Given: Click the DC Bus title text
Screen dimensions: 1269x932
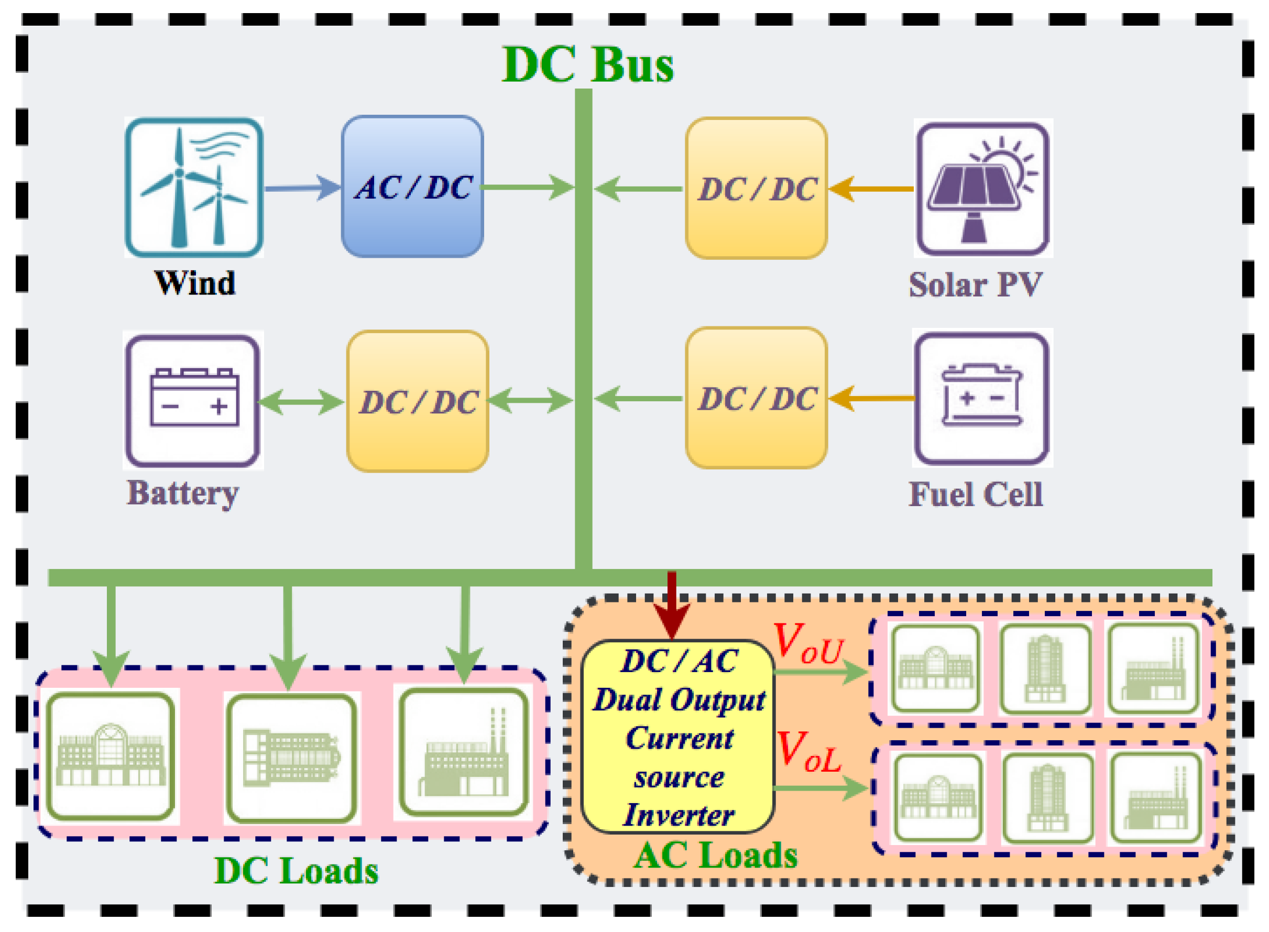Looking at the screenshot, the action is click(x=587, y=64).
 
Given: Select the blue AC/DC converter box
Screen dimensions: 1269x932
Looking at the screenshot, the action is click(x=412, y=187).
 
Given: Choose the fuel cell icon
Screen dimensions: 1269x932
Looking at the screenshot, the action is click(x=982, y=398).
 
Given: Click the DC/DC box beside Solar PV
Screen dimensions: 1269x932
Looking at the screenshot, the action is click(x=756, y=189).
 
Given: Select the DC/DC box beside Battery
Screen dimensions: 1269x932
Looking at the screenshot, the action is click(x=418, y=401).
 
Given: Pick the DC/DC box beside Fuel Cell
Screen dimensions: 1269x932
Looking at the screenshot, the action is click(x=756, y=398).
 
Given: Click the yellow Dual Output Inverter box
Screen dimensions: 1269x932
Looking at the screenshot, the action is click(x=677, y=737).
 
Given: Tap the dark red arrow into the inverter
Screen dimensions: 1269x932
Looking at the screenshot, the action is click(x=672, y=607).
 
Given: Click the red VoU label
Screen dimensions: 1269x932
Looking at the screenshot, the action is click(x=808, y=644).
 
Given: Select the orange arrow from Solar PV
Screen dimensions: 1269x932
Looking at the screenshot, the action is click(x=871, y=189).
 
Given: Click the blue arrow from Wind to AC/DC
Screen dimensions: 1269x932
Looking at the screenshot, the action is click(x=302, y=188).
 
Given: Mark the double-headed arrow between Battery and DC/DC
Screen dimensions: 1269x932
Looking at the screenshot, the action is click(x=301, y=402).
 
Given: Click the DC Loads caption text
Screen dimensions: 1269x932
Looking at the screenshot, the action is click(x=296, y=871).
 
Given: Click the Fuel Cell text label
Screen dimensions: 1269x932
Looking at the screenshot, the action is click(x=976, y=495).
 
